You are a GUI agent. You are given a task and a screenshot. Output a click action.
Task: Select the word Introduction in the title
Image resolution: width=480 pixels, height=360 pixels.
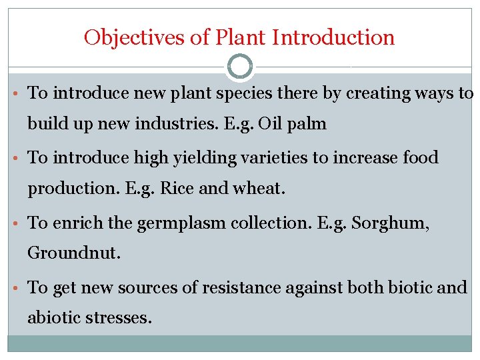tap(341, 37)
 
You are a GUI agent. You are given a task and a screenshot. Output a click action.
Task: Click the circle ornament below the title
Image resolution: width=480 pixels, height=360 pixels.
tap(240, 67)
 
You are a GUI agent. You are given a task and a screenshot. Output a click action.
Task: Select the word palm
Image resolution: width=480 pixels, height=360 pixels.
tap(309, 125)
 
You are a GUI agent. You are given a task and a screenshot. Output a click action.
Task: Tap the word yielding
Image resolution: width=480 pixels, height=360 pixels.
tap(184, 159)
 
